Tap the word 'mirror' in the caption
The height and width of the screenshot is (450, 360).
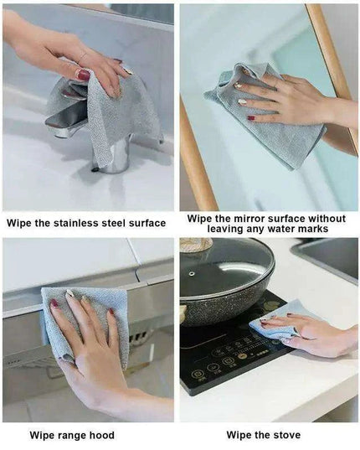tap(249, 219)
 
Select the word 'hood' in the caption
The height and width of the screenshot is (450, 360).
tap(102, 435)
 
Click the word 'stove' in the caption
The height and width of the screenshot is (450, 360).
tap(287, 435)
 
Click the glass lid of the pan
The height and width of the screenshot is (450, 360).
tap(226, 266)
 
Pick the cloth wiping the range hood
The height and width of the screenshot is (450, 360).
tap(86, 322)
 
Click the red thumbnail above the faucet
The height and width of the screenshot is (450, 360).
tap(83, 75)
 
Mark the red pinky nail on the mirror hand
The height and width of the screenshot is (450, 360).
tap(251, 118)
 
